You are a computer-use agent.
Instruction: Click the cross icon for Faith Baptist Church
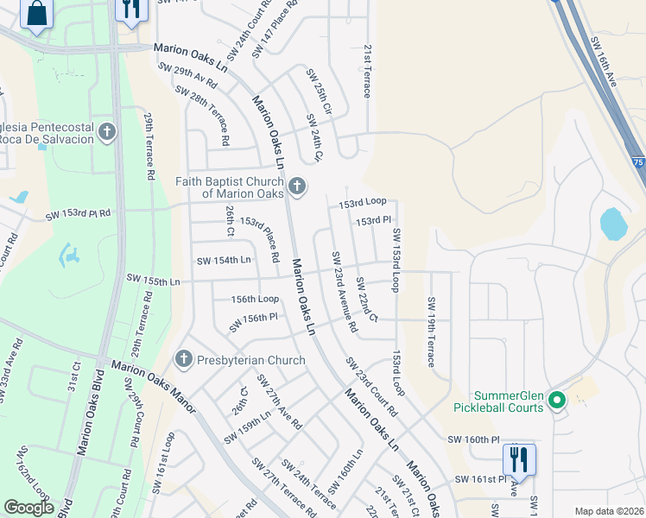[x=297, y=186]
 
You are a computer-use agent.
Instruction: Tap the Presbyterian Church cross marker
[x=183, y=359]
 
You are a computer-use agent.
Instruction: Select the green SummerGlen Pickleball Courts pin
[x=557, y=400]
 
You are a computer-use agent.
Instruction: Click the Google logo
[x=29, y=508]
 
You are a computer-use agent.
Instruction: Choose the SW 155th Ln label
[x=153, y=279]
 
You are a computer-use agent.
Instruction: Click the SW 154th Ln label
[x=224, y=260]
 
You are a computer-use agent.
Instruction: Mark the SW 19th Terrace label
[x=430, y=332]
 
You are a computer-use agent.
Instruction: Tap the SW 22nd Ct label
[x=367, y=300]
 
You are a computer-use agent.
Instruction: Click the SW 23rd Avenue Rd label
[x=343, y=293]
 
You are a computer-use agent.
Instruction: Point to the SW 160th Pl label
[x=473, y=439]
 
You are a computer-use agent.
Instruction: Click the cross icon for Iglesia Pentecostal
[x=106, y=132]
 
